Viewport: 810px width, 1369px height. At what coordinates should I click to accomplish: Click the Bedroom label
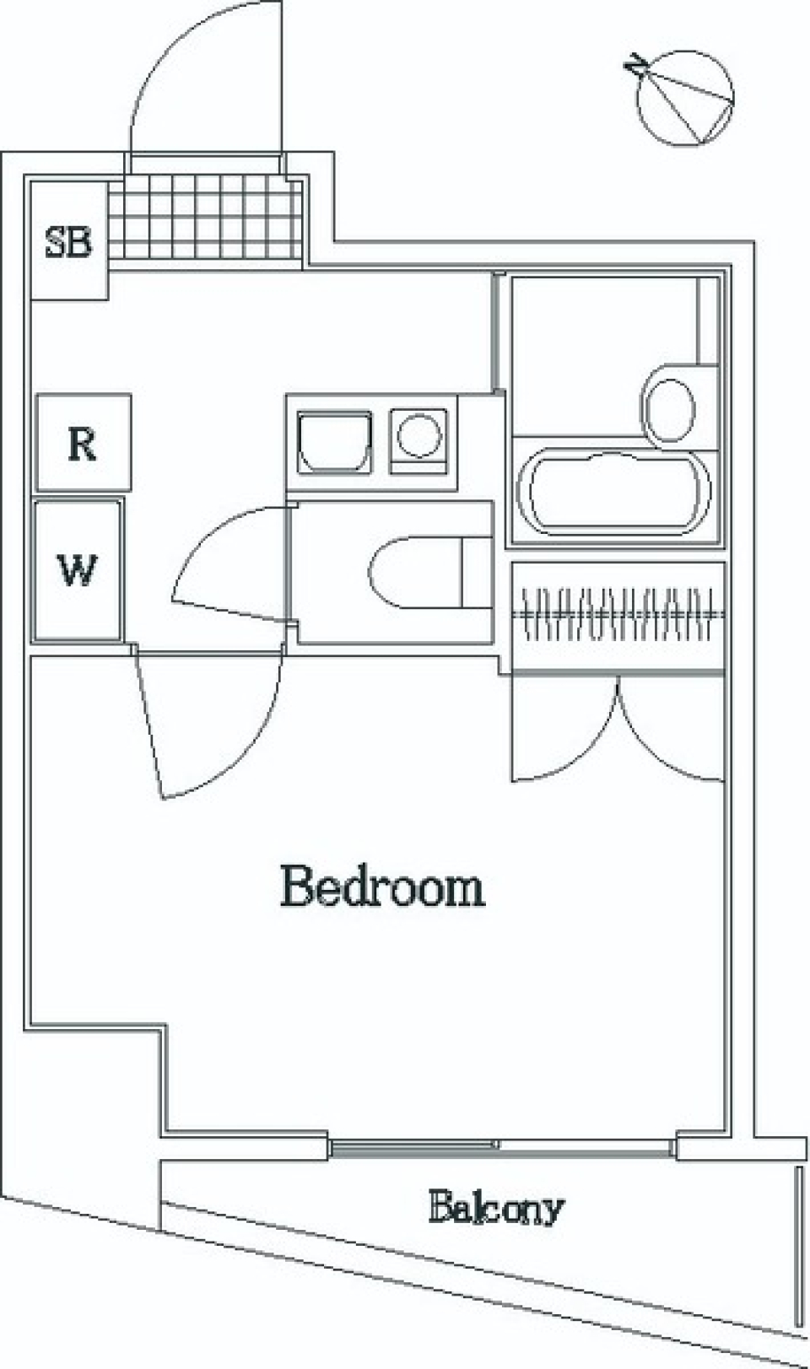pyautogui.click(x=383, y=887)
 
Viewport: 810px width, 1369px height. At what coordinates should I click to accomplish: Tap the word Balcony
pyautogui.click(x=495, y=1207)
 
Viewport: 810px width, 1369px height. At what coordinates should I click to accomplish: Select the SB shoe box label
pyautogui.click(x=68, y=242)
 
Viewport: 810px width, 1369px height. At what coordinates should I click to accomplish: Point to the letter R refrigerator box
pyautogui.click(x=84, y=443)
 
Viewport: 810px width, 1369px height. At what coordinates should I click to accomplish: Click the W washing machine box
pyautogui.click(x=78, y=570)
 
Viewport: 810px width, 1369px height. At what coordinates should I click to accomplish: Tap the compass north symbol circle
pyautogui.click(x=684, y=99)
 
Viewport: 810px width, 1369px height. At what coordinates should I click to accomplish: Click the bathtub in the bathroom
pyautogui.click(x=613, y=493)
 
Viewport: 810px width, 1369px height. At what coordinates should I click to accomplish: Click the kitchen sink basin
pyautogui.click(x=334, y=442)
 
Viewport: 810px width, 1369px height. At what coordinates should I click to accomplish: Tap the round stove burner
pyautogui.click(x=418, y=436)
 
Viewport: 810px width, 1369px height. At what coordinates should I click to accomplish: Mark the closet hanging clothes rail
pyautogui.click(x=618, y=613)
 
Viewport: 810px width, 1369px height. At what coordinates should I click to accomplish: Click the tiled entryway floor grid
pyautogui.click(x=205, y=216)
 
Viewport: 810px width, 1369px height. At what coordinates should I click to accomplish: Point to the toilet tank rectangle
pyautogui.click(x=478, y=573)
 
